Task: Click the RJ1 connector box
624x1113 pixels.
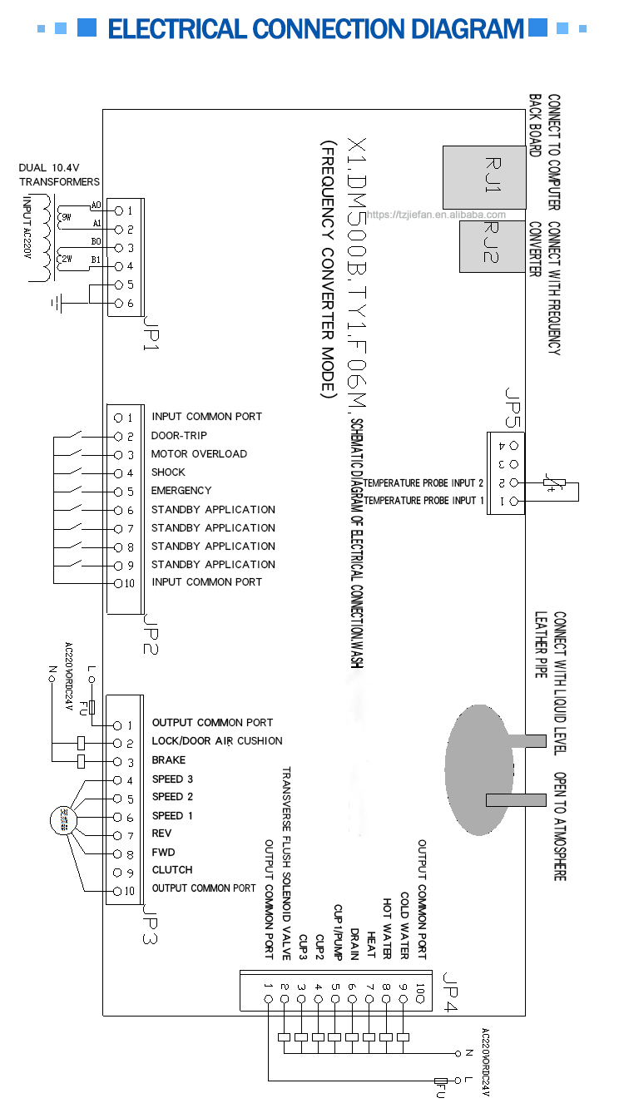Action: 483,177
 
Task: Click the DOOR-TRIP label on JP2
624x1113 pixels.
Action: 179,436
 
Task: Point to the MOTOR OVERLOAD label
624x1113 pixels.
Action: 199,454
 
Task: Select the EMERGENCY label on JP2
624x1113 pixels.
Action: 181,491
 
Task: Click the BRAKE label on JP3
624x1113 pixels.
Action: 168,760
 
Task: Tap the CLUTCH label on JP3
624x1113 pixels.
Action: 171,870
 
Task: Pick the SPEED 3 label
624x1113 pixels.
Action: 172,779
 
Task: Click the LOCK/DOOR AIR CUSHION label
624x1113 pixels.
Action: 216,741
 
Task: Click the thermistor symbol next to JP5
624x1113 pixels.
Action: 554,482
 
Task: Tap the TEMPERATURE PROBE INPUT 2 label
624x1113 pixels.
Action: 423,483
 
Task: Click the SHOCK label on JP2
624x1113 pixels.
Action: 167,472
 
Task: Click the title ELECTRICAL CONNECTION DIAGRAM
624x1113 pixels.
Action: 316,30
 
